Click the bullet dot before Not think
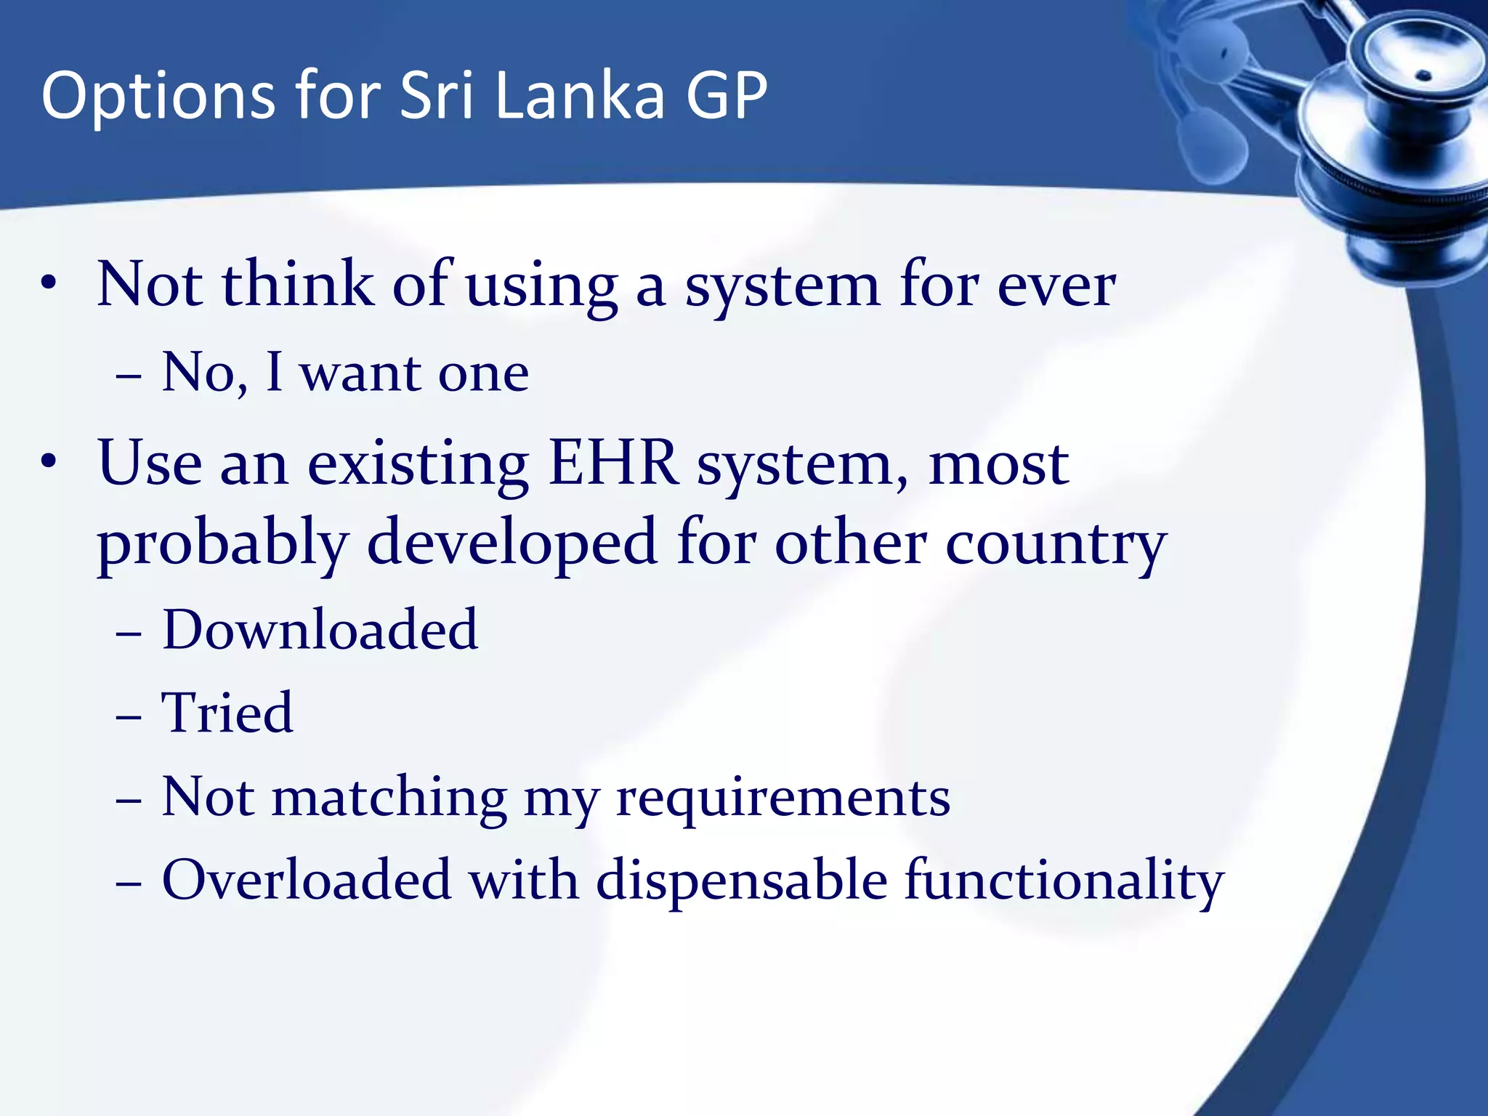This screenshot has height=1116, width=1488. pyautogui.click(x=49, y=284)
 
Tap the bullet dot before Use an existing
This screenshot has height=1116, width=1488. pyautogui.click(x=49, y=463)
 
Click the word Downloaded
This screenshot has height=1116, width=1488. pyautogui.click(x=320, y=629)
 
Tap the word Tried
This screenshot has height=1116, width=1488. pyautogui.click(x=227, y=713)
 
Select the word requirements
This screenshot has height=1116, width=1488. pyautogui.click(x=783, y=798)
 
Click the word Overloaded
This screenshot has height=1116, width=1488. pyautogui.click(x=306, y=880)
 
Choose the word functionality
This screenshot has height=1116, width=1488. pyautogui.click(x=1064, y=881)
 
